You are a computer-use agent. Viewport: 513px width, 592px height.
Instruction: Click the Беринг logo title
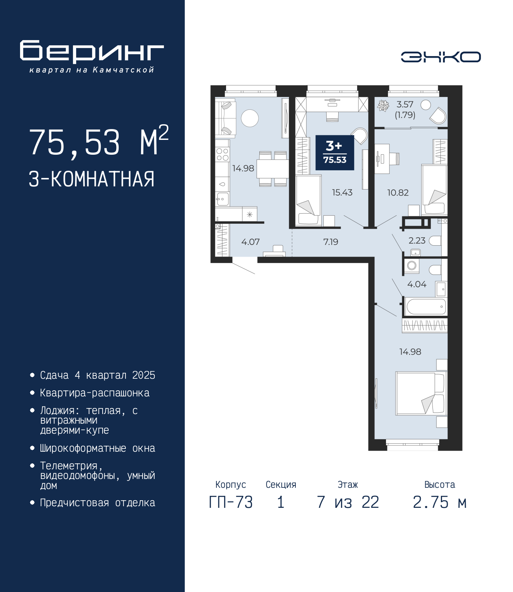pos(92,52)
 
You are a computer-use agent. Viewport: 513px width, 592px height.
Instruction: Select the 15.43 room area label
pos(342,192)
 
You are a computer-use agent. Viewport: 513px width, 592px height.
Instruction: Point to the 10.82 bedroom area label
pos(398,192)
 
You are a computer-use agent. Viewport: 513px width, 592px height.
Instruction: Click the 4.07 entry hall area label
pos(250,242)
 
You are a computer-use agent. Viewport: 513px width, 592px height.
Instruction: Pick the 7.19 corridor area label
pos(331,242)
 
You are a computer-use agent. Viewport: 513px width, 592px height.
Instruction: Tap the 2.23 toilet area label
pos(417,240)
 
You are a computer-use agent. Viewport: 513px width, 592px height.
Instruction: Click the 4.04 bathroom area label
pos(417,284)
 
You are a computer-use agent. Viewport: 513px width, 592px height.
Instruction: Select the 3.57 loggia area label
pos(405,104)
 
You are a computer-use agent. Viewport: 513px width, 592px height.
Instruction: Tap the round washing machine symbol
pos(412,265)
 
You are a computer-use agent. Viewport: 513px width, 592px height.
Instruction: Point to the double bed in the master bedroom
pos(421,393)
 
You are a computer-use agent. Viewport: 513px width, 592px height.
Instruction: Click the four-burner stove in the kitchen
pos(222,154)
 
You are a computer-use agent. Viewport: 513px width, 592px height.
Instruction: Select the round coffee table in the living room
pos(250,118)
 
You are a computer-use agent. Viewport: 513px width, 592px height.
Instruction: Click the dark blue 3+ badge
pos(335,153)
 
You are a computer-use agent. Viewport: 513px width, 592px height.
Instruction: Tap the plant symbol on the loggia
pos(383,105)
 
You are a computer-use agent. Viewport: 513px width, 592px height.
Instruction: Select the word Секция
pos(281,485)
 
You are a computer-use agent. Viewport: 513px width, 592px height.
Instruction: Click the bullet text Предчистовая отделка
pos(97,503)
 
